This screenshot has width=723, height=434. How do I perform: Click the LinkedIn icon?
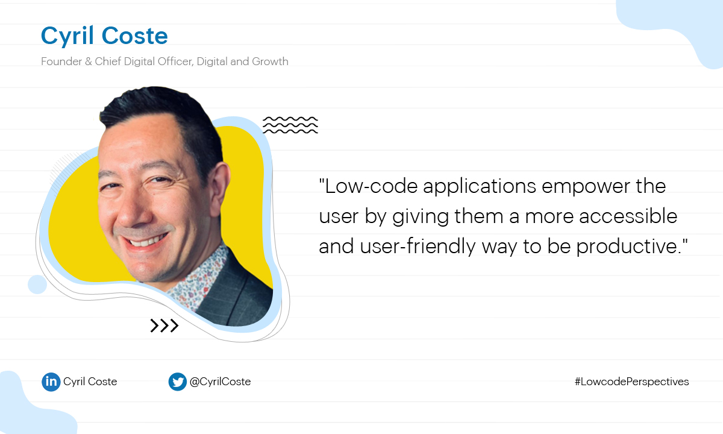point(51,382)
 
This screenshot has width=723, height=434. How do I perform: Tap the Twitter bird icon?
point(177,382)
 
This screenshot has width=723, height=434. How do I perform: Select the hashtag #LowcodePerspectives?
point(631,382)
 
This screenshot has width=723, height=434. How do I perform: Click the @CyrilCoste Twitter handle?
point(220,382)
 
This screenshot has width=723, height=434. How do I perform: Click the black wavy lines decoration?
point(290,125)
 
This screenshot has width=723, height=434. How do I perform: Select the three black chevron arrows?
point(164,326)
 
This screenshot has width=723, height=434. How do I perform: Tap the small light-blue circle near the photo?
point(37,285)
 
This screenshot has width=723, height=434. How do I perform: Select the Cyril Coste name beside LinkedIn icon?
point(90,382)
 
